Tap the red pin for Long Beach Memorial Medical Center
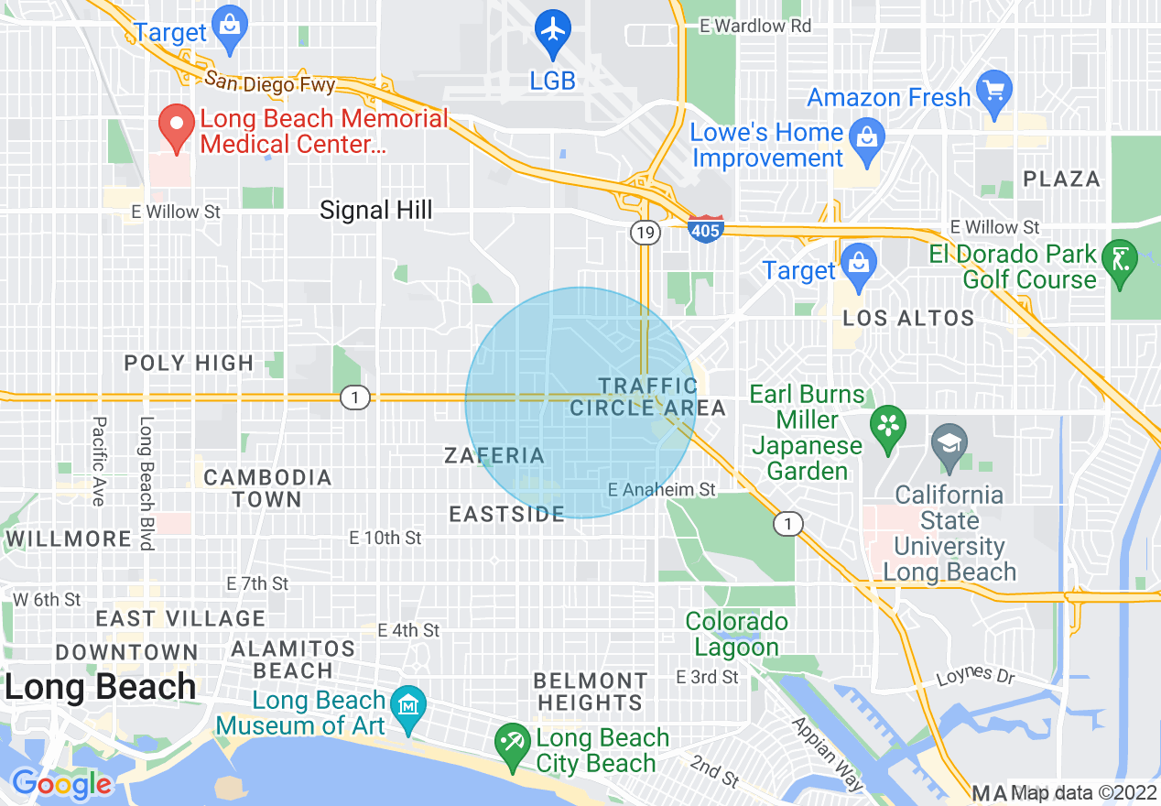click(176, 127)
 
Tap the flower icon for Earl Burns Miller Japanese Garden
click(887, 431)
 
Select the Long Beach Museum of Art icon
click(407, 707)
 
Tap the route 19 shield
click(645, 233)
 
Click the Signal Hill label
click(375, 211)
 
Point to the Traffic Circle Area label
click(647, 397)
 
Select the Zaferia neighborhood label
click(494, 455)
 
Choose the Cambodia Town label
click(267, 488)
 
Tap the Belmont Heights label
click(591, 692)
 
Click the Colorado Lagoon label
click(736, 634)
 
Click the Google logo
click(61, 784)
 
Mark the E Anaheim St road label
click(662, 490)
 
